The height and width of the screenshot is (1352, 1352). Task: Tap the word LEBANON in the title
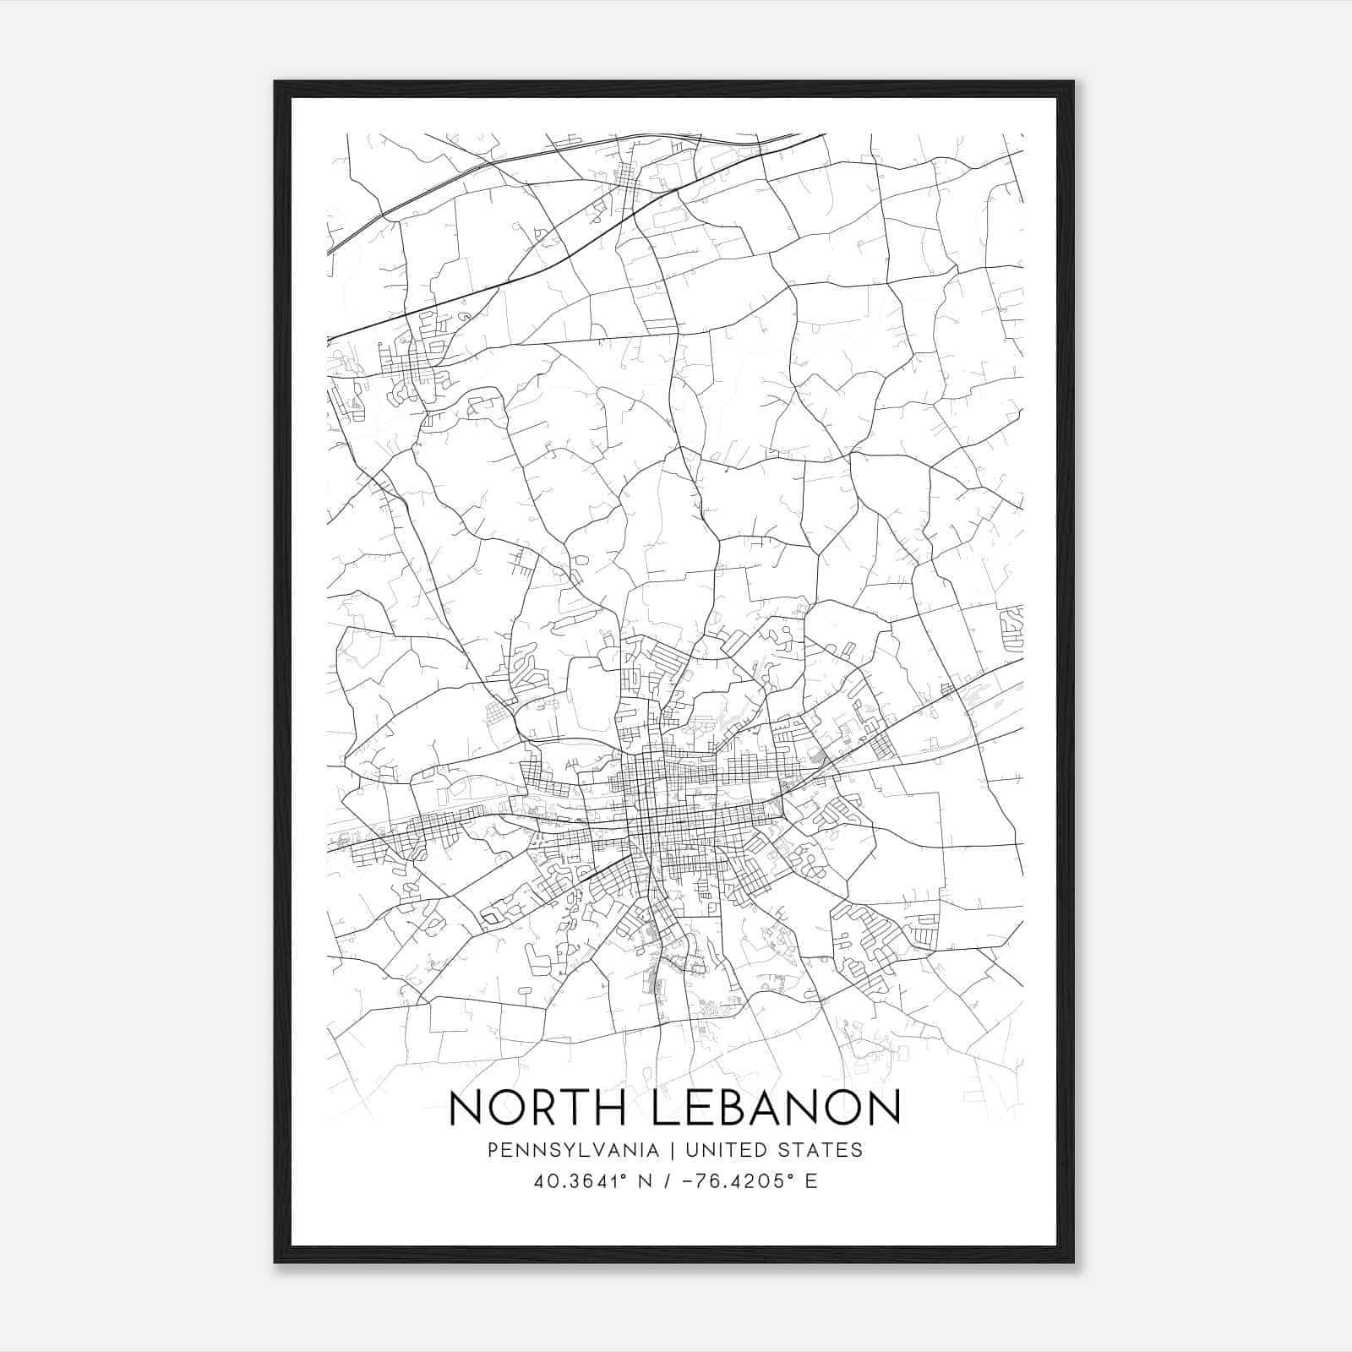pos(777,1108)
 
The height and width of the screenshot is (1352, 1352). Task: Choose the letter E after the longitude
pos(811,1180)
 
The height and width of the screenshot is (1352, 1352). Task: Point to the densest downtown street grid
pos(668,803)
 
